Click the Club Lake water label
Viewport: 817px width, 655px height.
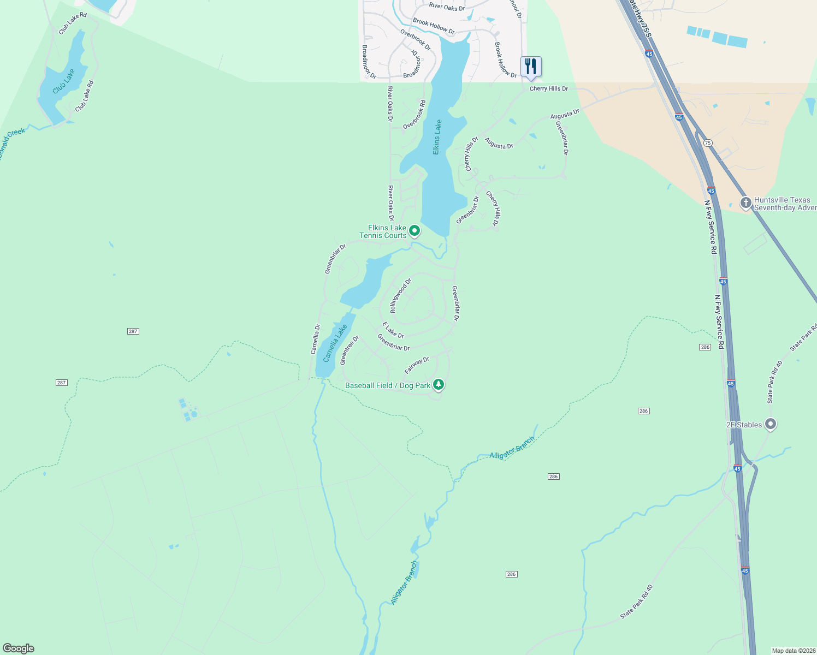pyautogui.click(x=64, y=80)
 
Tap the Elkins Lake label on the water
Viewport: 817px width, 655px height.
pyautogui.click(x=437, y=137)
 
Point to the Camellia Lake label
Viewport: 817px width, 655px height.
pyautogui.click(x=335, y=343)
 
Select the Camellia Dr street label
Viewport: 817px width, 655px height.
pyautogui.click(x=315, y=339)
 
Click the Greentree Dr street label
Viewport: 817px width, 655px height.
pyautogui.click(x=349, y=350)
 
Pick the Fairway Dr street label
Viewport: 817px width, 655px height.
pyautogui.click(x=417, y=365)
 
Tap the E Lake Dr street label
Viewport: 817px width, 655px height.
pyautogui.click(x=393, y=330)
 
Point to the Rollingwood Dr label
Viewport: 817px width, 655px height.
pyautogui.click(x=400, y=295)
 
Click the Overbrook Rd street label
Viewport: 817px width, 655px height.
pyautogui.click(x=414, y=115)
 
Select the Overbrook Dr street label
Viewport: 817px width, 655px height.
pyautogui.click(x=415, y=39)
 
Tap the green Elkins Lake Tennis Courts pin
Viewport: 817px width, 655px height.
pyautogui.click(x=415, y=231)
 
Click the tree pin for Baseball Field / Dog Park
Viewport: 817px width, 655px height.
pyautogui.click(x=438, y=385)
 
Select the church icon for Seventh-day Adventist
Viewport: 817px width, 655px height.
pyautogui.click(x=746, y=203)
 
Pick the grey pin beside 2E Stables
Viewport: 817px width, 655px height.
pyautogui.click(x=771, y=424)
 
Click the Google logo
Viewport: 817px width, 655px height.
pyautogui.click(x=18, y=648)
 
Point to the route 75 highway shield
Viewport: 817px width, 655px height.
pyautogui.click(x=708, y=143)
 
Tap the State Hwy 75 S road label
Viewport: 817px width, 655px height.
pyautogui.click(x=641, y=19)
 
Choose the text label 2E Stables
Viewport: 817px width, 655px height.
pyautogui.click(x=744, y=425)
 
